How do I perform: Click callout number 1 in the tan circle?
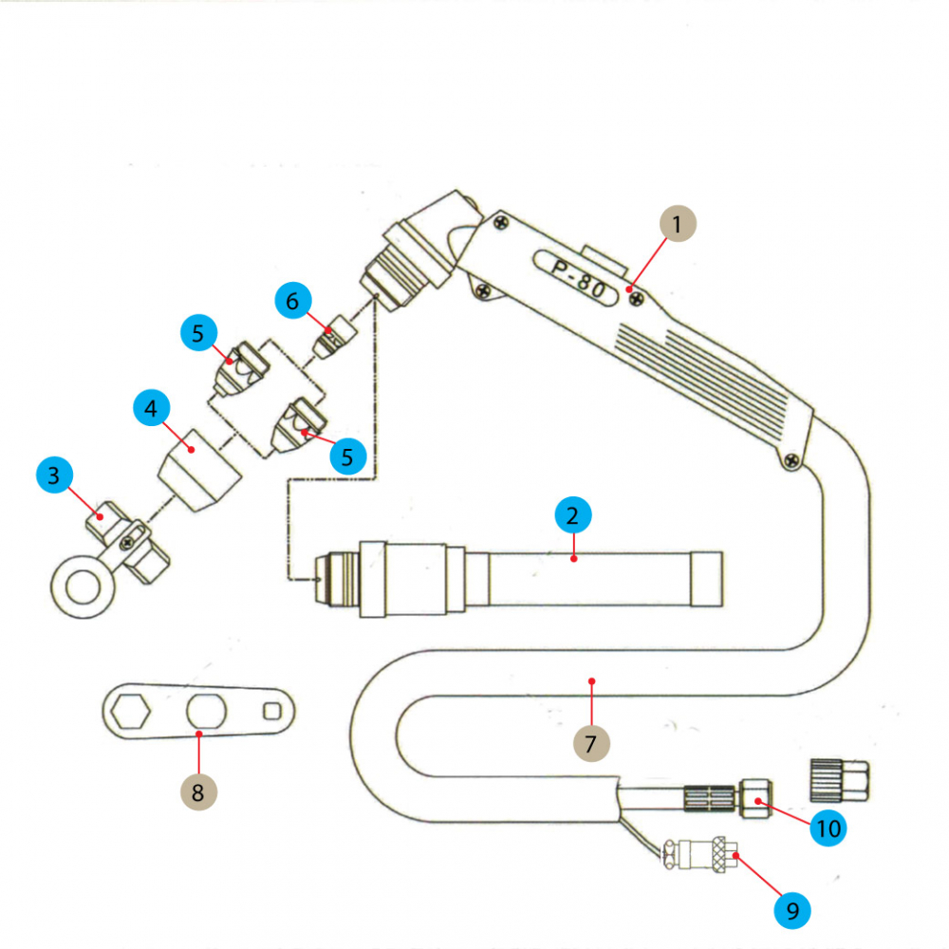(x=677, y=226)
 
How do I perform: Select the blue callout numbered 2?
(x=571, y=516)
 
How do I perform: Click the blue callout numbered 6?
(x=292, y=301)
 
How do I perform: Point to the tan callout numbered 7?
(x=590, y=742)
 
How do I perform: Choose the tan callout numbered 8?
(x=197, y=792)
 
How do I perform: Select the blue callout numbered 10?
(x=828, y=828)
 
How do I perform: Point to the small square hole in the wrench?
(x=273, y=709)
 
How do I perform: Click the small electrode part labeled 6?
(x=334, y=338)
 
